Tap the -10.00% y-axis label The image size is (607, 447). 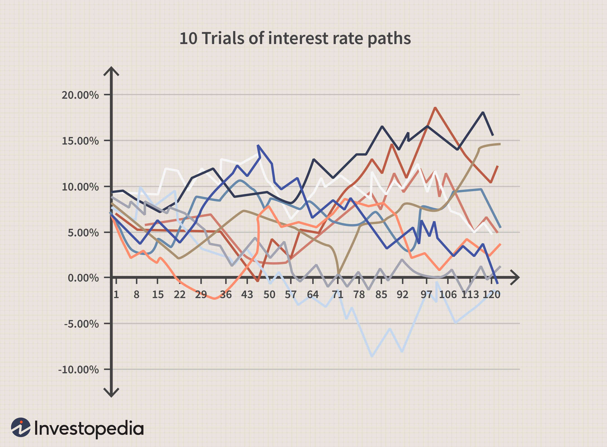[78, 370]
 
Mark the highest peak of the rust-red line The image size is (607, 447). [435, 108]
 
